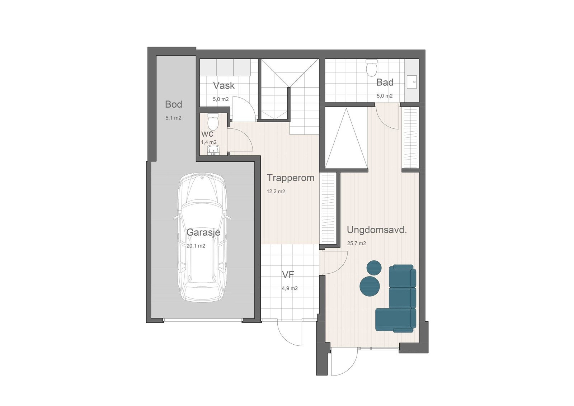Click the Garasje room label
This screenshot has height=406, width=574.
click(x=203, y=232)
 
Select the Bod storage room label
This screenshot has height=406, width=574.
click(x=174, y=104)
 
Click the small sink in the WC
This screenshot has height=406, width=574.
click(x=214, y=150)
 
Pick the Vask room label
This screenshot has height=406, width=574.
click(x=224, y=85)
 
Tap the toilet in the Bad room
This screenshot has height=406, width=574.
click(x=371, y=67)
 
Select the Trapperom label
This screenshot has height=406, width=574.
click(x=291, y=178)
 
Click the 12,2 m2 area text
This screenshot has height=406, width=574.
click(x=276, y=192)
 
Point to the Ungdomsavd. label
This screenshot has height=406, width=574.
click(x=377, y=230)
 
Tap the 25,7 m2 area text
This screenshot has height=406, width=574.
click(x=356, y=243)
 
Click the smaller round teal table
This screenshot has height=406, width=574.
click(x=374, y=268)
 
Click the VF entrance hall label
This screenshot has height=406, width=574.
click(x=288, y=275)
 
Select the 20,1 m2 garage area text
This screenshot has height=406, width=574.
click(x=196, y=246)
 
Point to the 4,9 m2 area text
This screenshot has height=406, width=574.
click(x=290, y=288)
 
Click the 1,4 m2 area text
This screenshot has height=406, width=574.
click(x=208, y=142)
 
